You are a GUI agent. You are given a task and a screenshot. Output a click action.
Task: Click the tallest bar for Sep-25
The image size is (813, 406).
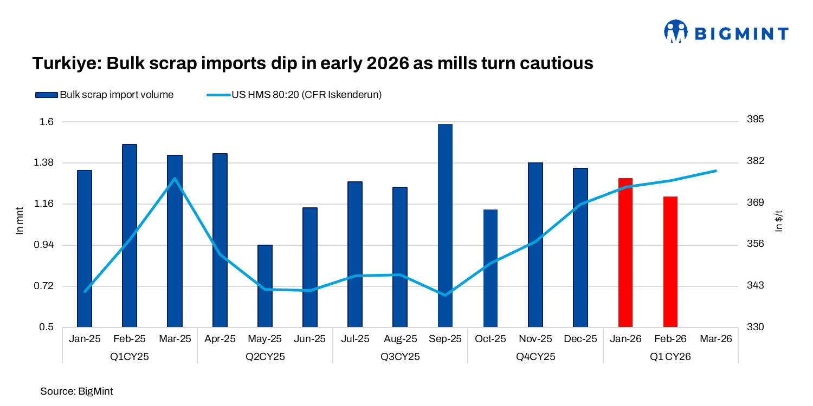click(x=445, y=225)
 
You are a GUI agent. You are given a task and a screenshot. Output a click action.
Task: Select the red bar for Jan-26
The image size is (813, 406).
click(x=625, y=252)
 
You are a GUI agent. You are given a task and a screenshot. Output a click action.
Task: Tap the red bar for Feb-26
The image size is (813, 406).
click(x=670, y=261)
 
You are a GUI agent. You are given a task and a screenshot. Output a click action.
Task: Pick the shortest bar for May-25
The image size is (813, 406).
click(x=265, y=286)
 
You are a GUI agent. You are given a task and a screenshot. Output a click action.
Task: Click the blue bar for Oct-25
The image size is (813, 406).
click(x=490, y=268)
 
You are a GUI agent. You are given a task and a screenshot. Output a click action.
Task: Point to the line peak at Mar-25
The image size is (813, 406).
click(x=175, y=178)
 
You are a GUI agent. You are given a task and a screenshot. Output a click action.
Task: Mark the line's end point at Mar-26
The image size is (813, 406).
click(x=715, y=171)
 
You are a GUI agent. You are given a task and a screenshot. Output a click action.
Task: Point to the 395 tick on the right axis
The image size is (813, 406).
click(x=754, y=120)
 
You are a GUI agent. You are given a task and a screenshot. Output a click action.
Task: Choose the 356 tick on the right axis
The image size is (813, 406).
click(x=754, y=244)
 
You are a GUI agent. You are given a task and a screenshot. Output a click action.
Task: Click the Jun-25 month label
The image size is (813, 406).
click(x=309, y=339)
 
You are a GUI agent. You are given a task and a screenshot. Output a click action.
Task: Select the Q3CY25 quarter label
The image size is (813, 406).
click(x=400, y=357)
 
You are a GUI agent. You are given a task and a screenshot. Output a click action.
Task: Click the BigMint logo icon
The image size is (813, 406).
click(x=675, y=32)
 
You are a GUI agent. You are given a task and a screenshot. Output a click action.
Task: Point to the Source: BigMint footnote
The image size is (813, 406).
click(x=76, y=391)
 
